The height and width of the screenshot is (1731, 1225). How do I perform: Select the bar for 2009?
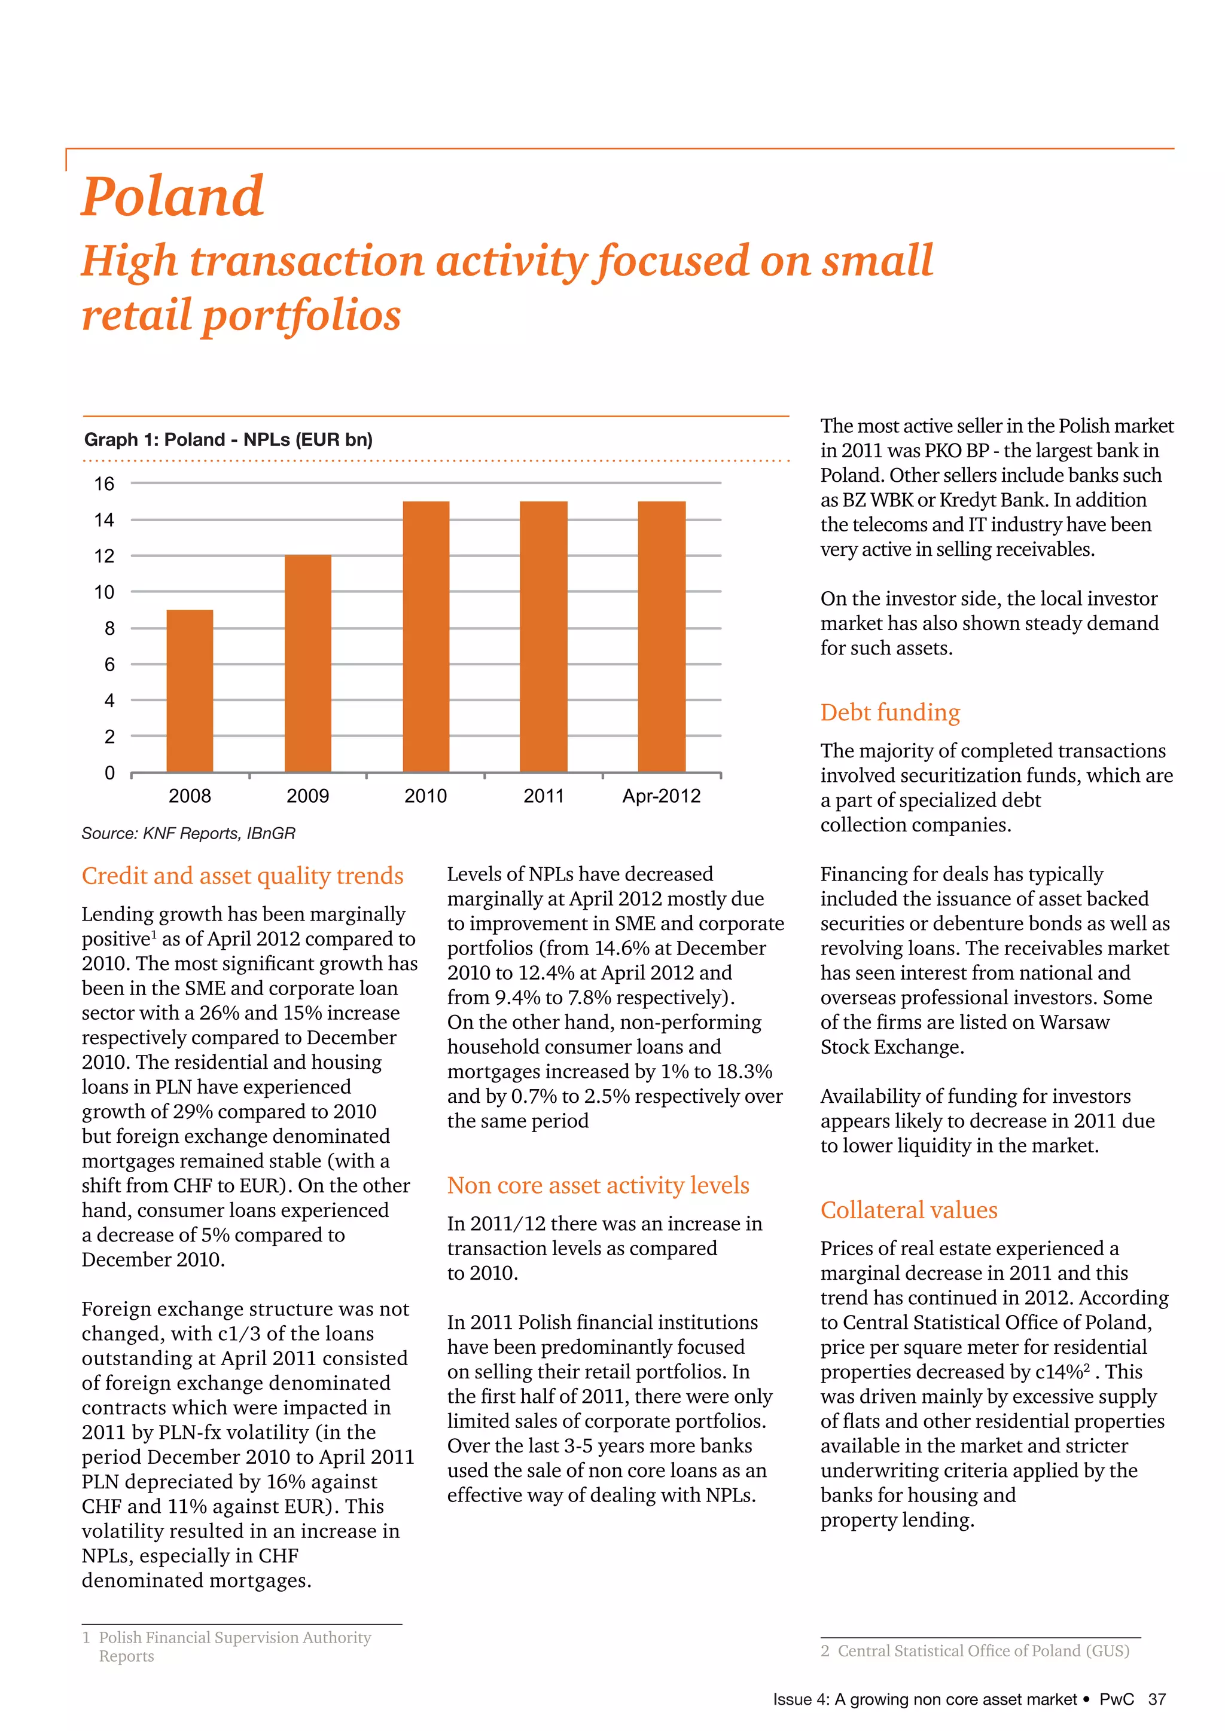(x=308, y=663)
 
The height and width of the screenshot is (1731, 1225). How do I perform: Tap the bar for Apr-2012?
(x=662, y=637)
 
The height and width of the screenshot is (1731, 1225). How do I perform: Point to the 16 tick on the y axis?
(x=104, y=484)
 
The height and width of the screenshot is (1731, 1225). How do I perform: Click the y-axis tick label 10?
(x=104, y=592)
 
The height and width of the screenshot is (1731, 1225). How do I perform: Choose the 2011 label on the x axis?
(x=543, y=796)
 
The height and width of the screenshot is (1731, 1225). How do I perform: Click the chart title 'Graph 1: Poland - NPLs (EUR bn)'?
(x=228, y=439)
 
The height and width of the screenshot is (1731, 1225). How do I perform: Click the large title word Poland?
(x=173, y=196)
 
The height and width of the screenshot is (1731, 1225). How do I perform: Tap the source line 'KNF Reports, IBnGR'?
(x=188, y=833)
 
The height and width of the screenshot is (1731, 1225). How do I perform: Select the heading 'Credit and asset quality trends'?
(x=242, y=876)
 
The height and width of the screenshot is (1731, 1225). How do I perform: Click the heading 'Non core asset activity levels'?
(x=598, y=1186)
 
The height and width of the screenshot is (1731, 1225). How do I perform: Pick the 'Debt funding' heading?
(x=890, y=712)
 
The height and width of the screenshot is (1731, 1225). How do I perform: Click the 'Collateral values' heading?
(x=908, y=1210)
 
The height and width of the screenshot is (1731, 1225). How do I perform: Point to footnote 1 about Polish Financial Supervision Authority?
(x=234, y=1647)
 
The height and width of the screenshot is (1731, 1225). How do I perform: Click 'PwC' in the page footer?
(x=1116, y=1699)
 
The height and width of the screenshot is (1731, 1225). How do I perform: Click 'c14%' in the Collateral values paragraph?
(x=1060, y=1372)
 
